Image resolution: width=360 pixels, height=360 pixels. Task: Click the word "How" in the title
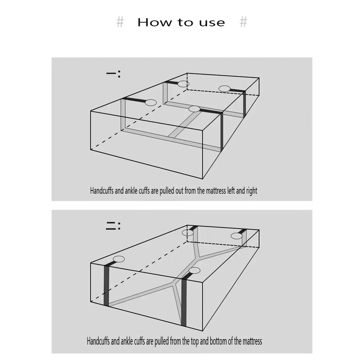pyautogui.click(x=154, y=22)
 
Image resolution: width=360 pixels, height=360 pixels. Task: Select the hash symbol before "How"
pyautogui.click(x=120, y=22)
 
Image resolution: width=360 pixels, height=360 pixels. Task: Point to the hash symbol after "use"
pyautogui.click(x=243, y=22)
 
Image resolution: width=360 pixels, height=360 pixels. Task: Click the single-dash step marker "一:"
pyautogui.click(x=113, y=74)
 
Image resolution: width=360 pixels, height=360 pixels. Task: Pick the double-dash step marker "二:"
pyautogui.click(x=113, y=226)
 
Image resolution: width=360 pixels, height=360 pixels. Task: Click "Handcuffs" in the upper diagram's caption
pyautogui.click(x=102, y=191)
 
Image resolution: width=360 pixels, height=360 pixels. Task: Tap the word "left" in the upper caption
pyautogui.click(x=231, y=191)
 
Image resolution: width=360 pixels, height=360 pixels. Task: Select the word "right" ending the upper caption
pyautogui.click(x=252, y=191)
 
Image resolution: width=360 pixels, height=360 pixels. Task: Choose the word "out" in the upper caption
pyautogui.click(x=179, y=191)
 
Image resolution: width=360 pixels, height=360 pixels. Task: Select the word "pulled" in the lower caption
pyautogui.click(x=162, y=341)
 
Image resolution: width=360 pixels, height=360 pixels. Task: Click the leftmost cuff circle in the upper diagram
pyautogui.click(x=150, y=103)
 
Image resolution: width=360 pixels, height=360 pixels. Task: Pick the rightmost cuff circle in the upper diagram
pyautogui.click(x=225, y=89)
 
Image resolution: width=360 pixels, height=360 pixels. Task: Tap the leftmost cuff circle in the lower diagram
pyautogui.click(x=119, y=259)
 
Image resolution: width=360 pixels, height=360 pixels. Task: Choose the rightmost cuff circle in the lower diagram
pyautogui.click(x=237, y=236)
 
